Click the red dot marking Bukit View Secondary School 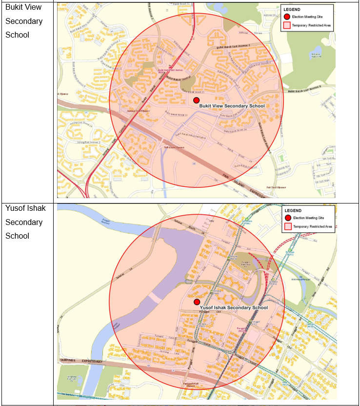(196, 100)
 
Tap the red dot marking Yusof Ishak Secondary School (197, 302)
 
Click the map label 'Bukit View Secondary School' (232, 106)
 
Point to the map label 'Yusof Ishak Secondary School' (234, 308)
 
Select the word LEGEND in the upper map (292, 9)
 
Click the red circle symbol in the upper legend (287, 17)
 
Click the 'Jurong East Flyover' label (137, 111)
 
